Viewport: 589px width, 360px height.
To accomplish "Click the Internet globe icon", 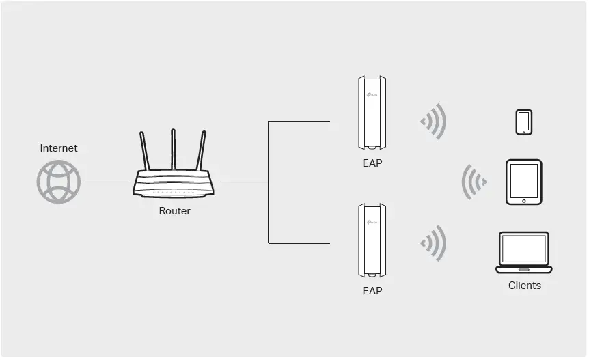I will coord(59,182).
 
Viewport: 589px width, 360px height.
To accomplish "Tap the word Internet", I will coord(59,148).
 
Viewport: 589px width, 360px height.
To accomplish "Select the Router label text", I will coord(174,211).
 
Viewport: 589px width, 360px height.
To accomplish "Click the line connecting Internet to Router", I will coord(106,182).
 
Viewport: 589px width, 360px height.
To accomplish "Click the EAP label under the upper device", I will coord(372,163).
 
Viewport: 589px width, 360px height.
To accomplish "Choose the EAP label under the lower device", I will coord(372,290).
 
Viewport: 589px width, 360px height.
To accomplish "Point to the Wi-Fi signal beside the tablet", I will coord(474,182).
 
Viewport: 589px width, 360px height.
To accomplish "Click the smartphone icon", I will coord(524,122).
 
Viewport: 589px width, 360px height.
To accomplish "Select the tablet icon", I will coord(523,182).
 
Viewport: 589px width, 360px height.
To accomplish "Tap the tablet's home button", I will coord(524,201).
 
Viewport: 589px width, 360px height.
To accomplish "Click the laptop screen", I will coord(524,249).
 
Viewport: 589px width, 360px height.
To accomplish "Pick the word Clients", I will coord(524,286).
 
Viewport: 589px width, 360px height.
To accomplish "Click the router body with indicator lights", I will coord(173,183).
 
